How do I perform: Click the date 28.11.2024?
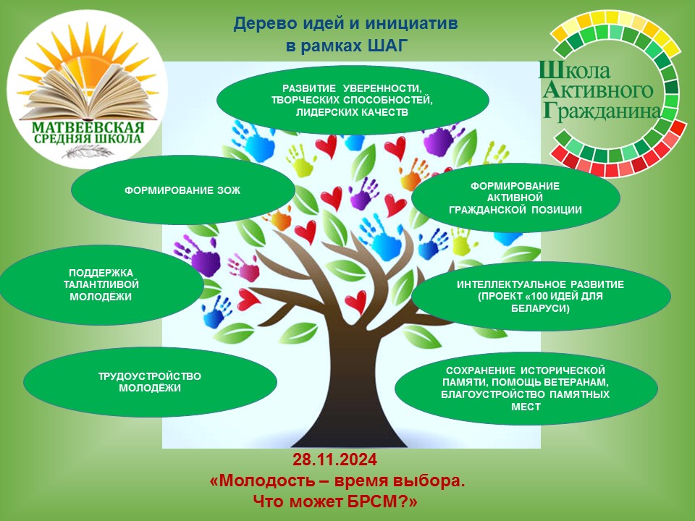[x=334, y=460]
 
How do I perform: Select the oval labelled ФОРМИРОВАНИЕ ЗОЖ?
[x=183, y=190]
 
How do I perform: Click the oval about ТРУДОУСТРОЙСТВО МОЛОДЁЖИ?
[x=151, y=382]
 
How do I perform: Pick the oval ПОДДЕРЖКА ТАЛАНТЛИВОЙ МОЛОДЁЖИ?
[x=101, y=285]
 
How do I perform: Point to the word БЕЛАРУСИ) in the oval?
[x=540, y=308]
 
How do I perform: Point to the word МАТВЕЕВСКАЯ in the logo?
[x=88, y=128]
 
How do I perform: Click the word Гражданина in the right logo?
[x=602, y=111]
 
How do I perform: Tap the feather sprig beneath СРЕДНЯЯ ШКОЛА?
[x=88, y=152]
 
